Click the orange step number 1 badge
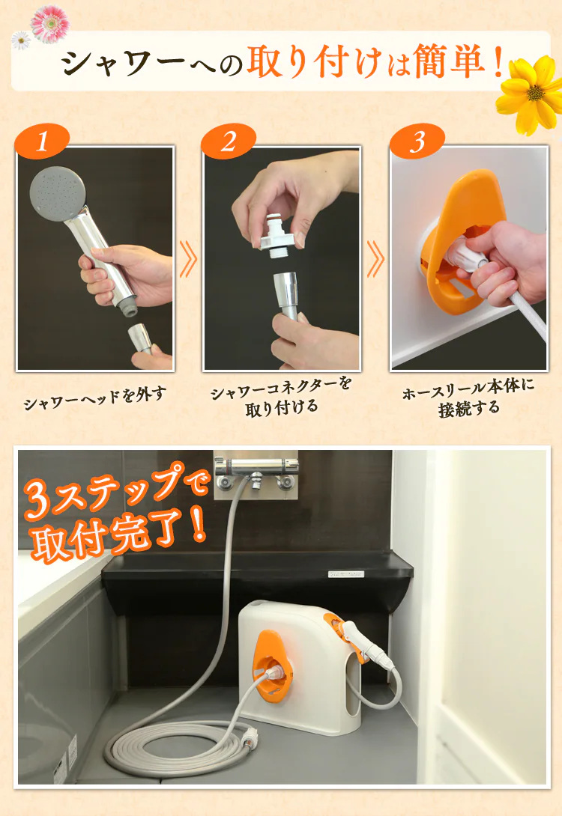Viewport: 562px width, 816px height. [43, 141]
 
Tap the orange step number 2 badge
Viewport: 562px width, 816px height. [229, 141]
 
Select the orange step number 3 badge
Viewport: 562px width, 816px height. [417, 141]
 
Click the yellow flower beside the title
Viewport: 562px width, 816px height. [531, 94]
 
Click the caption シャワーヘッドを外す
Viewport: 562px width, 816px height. [95, 398]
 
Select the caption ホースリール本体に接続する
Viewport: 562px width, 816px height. [468, 397]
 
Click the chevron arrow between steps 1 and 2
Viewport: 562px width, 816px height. [188, 258]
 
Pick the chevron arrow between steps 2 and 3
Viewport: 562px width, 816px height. [375, 258]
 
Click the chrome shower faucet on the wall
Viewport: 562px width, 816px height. [256, 474]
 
